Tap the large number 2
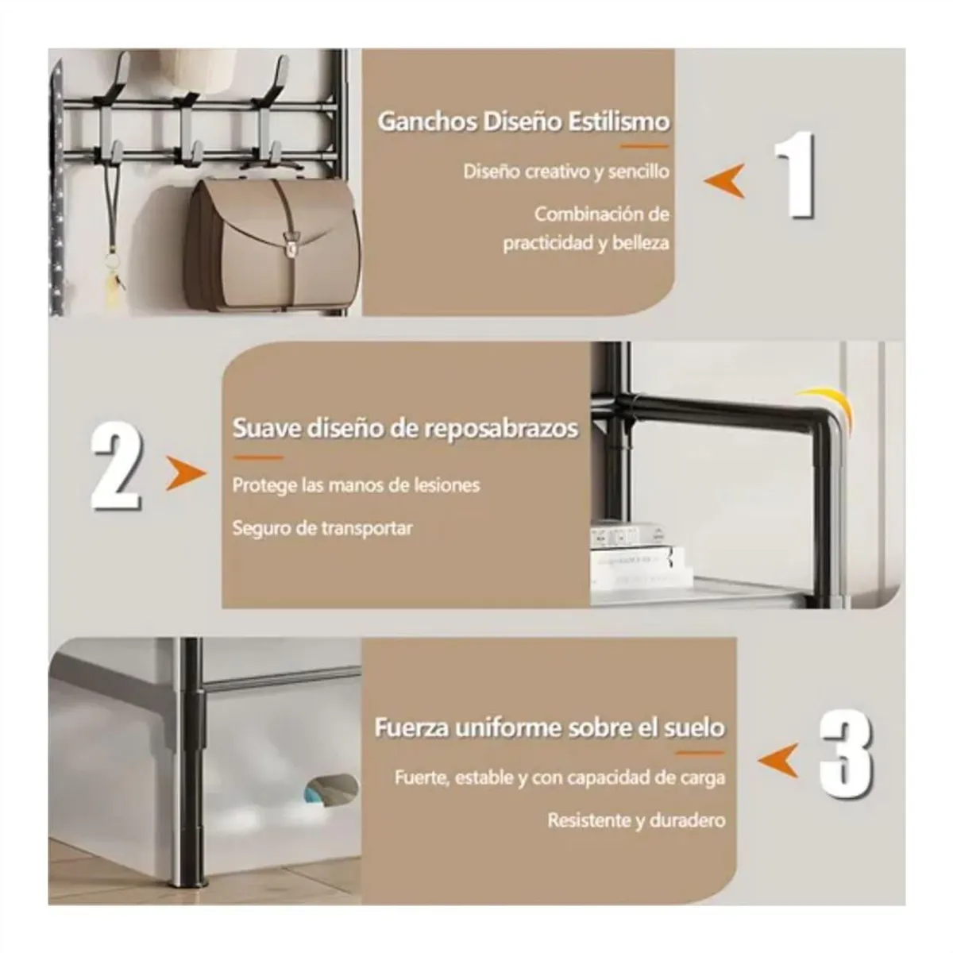pos(117,465)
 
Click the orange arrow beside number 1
pos(725,181)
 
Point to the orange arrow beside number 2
pos(186,473)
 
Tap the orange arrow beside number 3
pos(778,760)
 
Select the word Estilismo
pos(618,122)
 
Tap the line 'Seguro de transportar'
pos(322,528)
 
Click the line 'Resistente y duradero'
pos(636,820)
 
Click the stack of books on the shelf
pos(640,557)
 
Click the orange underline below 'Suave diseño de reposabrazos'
pos(257,457)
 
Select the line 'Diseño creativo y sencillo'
pos(566,172)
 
